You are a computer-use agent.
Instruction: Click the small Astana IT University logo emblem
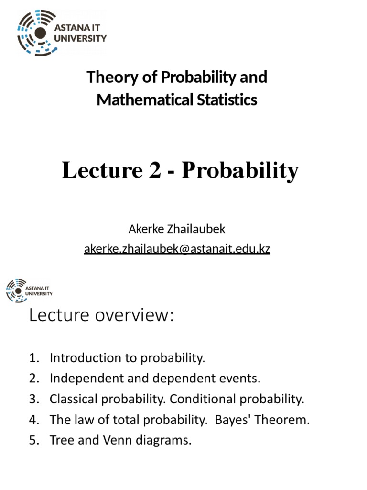pos(16,290)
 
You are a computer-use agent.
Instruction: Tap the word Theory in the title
pos(108,78)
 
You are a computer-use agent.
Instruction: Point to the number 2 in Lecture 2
pos(154,171)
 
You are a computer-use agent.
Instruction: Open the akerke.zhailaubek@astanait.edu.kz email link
pos(177,249)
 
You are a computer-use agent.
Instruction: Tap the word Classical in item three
pos(71,399)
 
